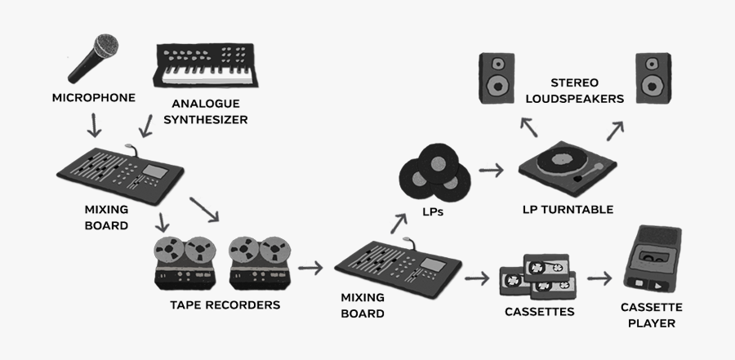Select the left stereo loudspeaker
point(495,77)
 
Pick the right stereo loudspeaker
point(653,77)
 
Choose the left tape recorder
point(186,263)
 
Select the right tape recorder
point(260,263)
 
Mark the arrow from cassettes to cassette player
point(599,278)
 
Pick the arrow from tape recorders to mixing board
point(310,267)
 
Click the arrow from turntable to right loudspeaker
point(614,131)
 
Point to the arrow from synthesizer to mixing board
point(147,125)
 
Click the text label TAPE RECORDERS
point(225,305)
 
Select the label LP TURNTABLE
point(568,209)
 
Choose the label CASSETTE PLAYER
point(651,315)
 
